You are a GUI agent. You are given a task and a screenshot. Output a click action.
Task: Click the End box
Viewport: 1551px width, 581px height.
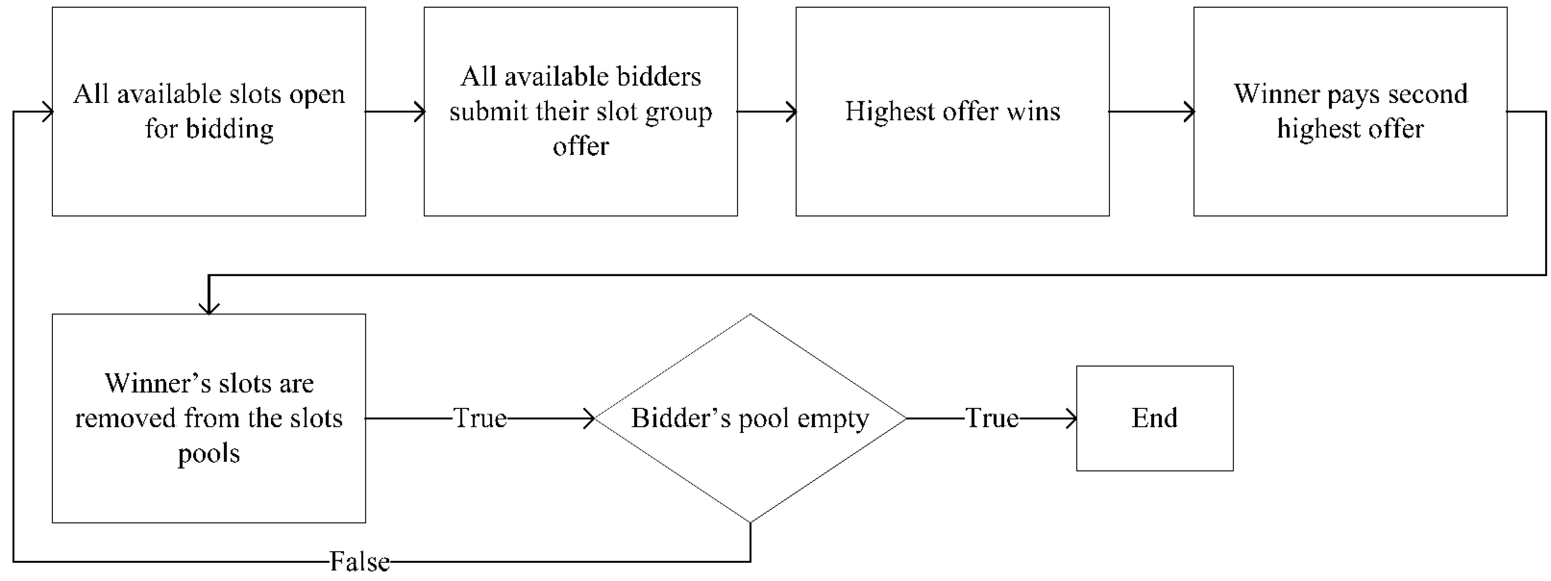tap(1154, 418)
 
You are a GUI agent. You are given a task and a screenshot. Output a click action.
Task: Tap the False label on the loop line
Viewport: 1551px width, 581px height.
tap(359, 562)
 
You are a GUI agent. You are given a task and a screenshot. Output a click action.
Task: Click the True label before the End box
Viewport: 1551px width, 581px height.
tap(991, 418)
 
